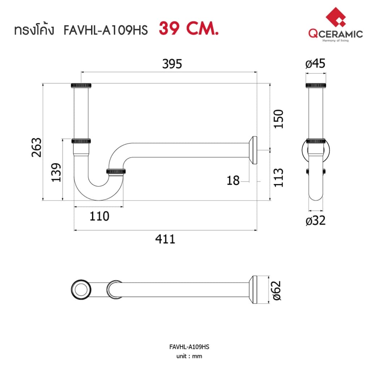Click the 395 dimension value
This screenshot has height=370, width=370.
pyautogui.click(x=172, y=64)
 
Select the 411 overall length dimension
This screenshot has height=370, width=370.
pyautogui.click(x=165, y=239)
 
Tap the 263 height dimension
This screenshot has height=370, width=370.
pyautogui.click(x=36, y=147)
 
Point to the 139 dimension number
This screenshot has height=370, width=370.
pyautogui.click(x=56, y=172)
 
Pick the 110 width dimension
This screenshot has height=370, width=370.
pyautogui.click(x=99, y=216)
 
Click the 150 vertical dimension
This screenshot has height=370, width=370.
pyautogui.click(x=278, y=119)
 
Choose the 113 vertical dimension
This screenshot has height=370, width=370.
pyautogui.click(x=278, y=178)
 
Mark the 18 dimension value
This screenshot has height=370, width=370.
pyautogui.click(x=233, y=181)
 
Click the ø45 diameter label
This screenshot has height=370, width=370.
pyautogui.click(x=315, y=64)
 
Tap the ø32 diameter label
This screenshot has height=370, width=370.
pyautogui.click(x=315, y=221)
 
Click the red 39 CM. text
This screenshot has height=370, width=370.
pyautogui.click(x=189, y=29)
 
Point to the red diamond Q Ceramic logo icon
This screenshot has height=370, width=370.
pyautogui.click(x=336, y=17)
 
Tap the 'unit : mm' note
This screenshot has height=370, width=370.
pyautogui.click(x=189, y=356)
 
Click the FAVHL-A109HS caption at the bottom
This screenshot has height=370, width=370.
pyautogui.click(x=189, y=347)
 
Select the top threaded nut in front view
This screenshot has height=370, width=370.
pyautogui.click(x=81, y=85)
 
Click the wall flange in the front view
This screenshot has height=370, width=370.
pyautogui.click(x=253, y=150)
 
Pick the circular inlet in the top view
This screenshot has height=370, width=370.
pyautogui.click(x=81, y=290)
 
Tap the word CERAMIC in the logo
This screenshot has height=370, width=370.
pyautogui.click(x=342, y=34)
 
